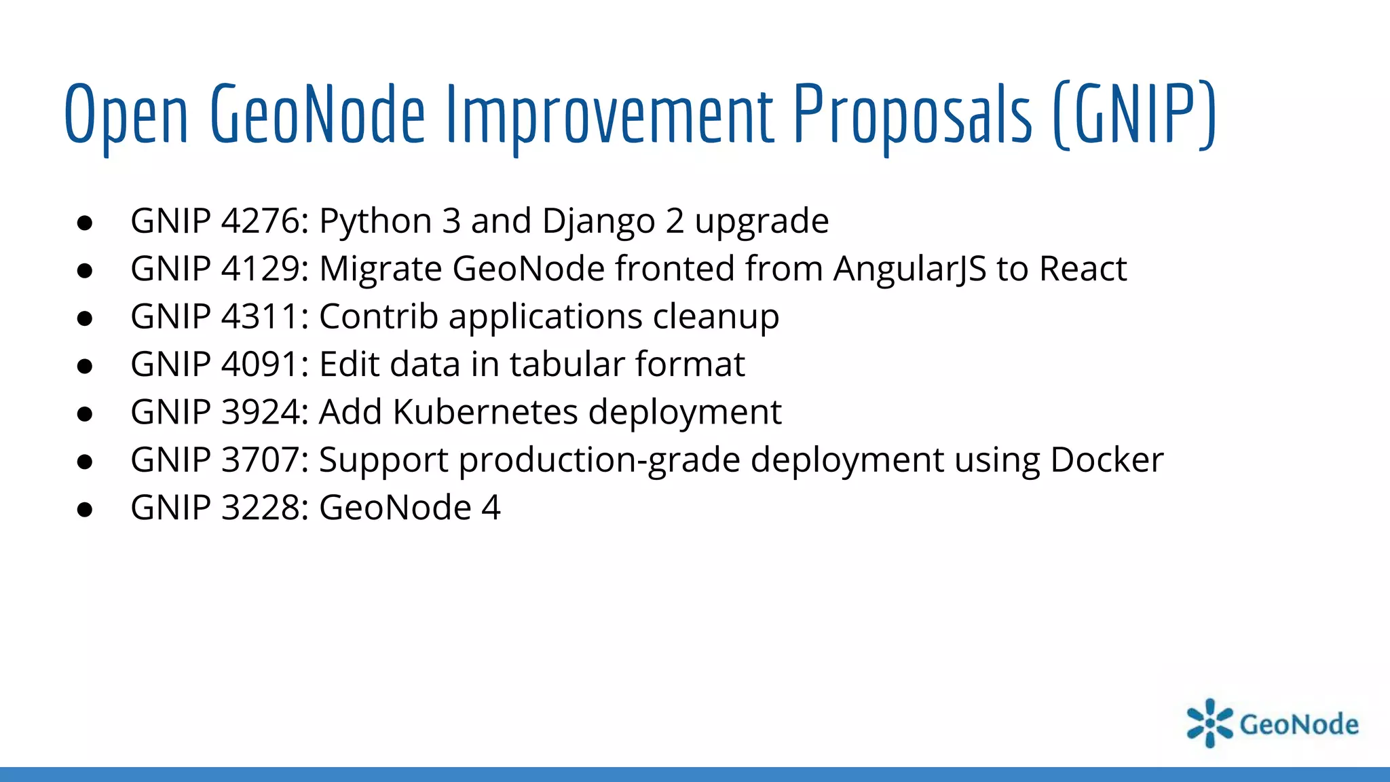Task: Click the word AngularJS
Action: coord(909,269)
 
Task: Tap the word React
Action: coord(1083,269)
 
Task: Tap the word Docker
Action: coord(1106,460)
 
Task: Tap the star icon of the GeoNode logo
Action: coord(1209,723)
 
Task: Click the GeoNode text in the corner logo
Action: coord(1298,724)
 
